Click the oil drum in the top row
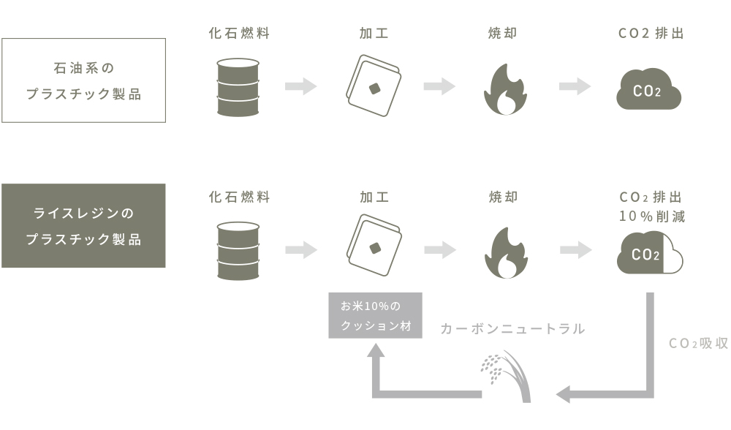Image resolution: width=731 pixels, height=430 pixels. click(238, 87)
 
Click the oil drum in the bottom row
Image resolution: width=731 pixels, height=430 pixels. click(238, 250)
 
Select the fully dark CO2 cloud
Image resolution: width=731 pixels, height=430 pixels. click(648, 89)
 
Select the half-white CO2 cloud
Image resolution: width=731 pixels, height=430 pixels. click(648, 253)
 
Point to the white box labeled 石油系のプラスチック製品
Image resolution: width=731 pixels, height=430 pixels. click(83, 80)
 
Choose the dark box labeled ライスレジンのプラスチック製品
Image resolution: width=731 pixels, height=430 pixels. click(83, 225)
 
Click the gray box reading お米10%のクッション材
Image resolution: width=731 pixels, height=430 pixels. click(376, 315)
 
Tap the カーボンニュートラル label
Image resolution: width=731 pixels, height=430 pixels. click(512, 329)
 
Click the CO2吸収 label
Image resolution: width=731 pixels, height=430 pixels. click(698, 343)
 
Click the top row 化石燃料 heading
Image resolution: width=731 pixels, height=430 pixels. click(239, 34)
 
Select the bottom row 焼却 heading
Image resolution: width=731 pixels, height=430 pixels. click(503, 197)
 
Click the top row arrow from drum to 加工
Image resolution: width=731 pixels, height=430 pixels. click(300, 86)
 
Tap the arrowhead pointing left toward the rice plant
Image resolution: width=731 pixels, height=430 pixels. click(563, 395)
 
